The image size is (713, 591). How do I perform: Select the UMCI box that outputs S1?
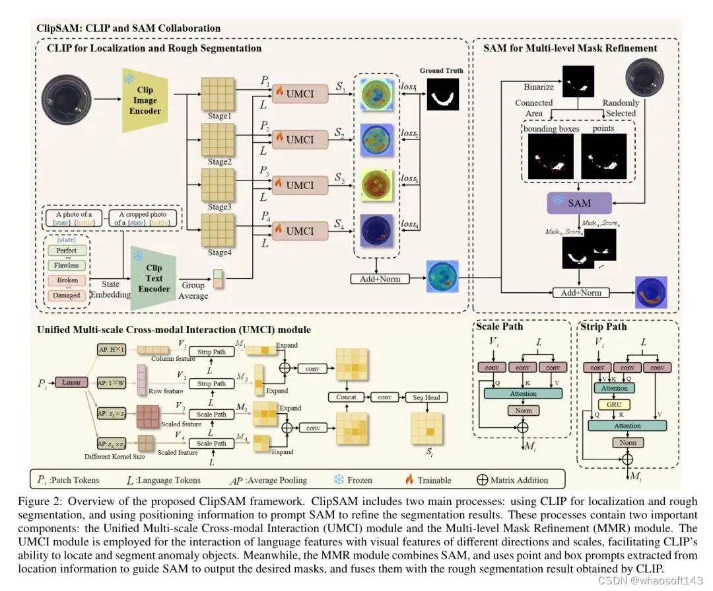click(300, 95)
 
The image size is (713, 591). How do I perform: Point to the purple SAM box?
click(579, 202)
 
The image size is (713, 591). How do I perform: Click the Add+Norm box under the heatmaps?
click(376, 278)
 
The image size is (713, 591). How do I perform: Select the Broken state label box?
click(67, 280)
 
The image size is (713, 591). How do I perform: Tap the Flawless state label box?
click(67, 265)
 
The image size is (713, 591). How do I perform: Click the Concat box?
click(346, 397)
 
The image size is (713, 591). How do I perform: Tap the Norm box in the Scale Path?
click(523, 411)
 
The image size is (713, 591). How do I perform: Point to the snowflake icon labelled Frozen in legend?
click(339, 479)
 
